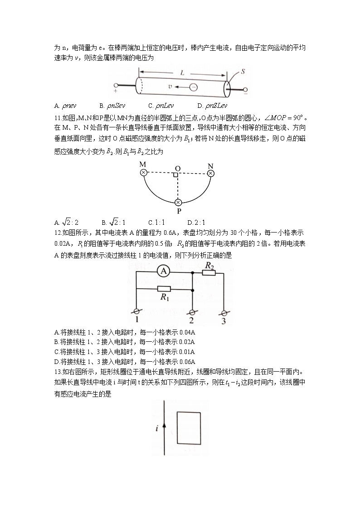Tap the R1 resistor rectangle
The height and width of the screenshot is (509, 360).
(163, 289)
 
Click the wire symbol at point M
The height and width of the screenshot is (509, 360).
(144, 173)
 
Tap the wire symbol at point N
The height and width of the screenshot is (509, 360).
(210, 173)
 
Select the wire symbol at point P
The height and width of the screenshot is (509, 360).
(178, 202)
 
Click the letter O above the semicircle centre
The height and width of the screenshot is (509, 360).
(178, 168)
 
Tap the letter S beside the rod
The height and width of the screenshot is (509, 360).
(243, 72)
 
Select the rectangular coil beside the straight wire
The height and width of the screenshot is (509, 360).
(189, 428)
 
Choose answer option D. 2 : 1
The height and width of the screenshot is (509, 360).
(196, 223)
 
